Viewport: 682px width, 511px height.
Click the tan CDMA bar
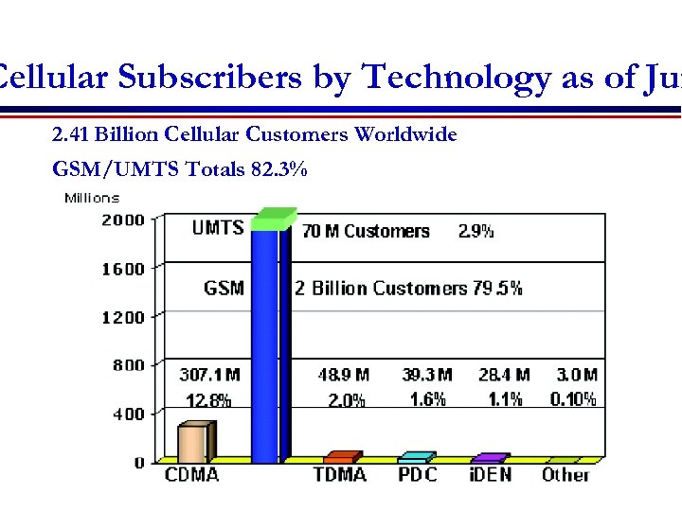click(x=193, y=443)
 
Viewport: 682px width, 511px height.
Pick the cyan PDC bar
click(x=416, y=458)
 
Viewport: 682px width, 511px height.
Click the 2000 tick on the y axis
click(x=123, y=220)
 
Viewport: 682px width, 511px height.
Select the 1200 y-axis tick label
click(x=123, y=317)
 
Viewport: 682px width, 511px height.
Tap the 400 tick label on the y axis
click(x=127, y=414)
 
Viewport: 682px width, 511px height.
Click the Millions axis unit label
click(x=92, y=198)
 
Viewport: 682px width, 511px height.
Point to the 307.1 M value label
click(x=209, y=376)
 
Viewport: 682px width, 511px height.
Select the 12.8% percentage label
click(x=209, y=399)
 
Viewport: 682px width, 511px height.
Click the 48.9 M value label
click(x=344, y=376)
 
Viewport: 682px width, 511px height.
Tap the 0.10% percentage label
click(x=573, y=399)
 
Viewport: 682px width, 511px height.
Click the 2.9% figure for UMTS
click(x=476, y=232)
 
